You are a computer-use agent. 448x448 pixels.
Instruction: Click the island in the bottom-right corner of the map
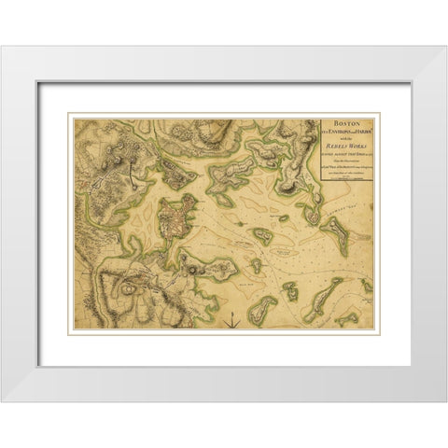click(x=365, y=308)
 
